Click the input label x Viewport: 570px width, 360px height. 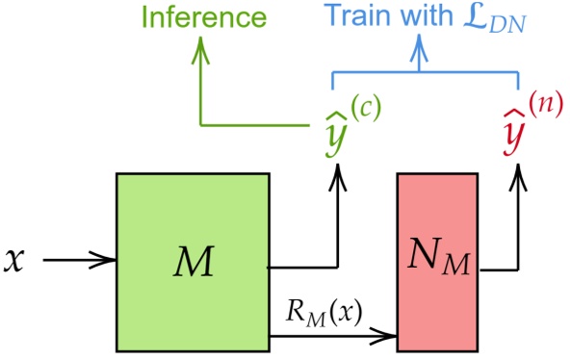click(13, 259)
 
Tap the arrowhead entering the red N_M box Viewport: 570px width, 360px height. click(390, 336)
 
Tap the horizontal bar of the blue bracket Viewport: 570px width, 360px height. click(424, 73)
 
